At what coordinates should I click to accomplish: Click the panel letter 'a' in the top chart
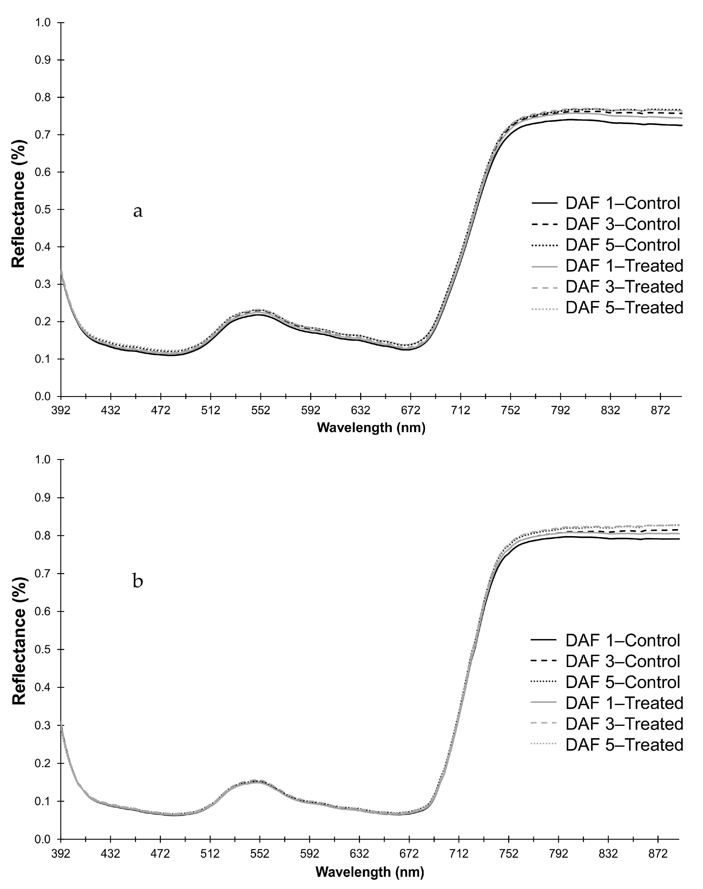point(138,212)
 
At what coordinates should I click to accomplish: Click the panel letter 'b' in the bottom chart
point(138,582)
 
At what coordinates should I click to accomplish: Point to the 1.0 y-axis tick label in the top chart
point(43,23)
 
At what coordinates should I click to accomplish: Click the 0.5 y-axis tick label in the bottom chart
point(43,650)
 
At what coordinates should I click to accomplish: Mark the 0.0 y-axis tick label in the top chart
point(43,397)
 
